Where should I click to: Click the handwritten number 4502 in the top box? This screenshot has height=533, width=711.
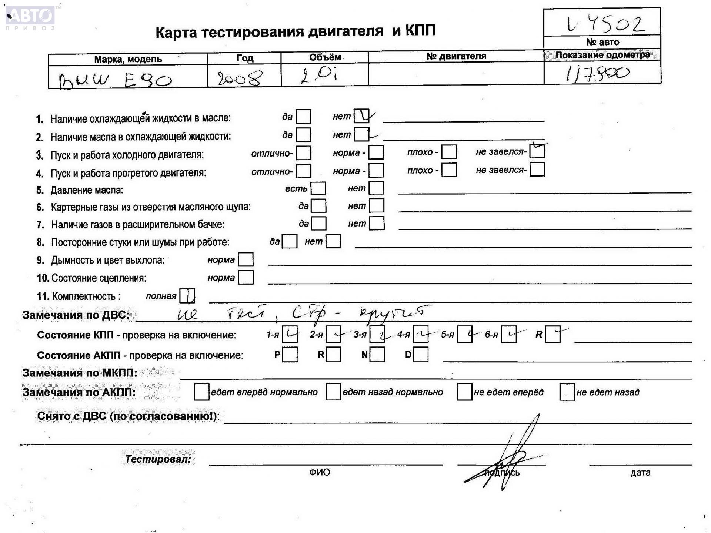tap(605, 24)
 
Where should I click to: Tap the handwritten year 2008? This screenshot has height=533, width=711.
tap(240, 78)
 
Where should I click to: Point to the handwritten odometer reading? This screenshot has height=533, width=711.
tap(597, 73)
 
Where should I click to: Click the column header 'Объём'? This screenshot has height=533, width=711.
tap(325, 57)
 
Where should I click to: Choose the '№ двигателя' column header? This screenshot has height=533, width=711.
tap(456, 56)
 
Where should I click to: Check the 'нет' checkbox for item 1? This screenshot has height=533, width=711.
tap(361, 116)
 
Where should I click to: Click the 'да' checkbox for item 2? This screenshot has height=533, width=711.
tap(303, 135)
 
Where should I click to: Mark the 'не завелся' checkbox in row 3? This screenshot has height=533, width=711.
tap(537, 151)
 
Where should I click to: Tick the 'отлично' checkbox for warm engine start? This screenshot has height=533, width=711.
tap(303, 171)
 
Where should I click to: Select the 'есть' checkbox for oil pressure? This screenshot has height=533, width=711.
tap(318, 188)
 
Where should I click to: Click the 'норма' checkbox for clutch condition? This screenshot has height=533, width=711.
tap(246, 278)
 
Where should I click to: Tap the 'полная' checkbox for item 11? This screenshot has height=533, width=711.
tap(187, 296)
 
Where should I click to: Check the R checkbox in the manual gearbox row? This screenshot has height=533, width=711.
tap(553, 335)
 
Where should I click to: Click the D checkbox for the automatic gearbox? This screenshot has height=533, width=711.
tap(421, 355)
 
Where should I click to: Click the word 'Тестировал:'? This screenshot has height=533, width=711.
tap(158, 459)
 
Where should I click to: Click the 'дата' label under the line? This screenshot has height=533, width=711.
tap(640, 472)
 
